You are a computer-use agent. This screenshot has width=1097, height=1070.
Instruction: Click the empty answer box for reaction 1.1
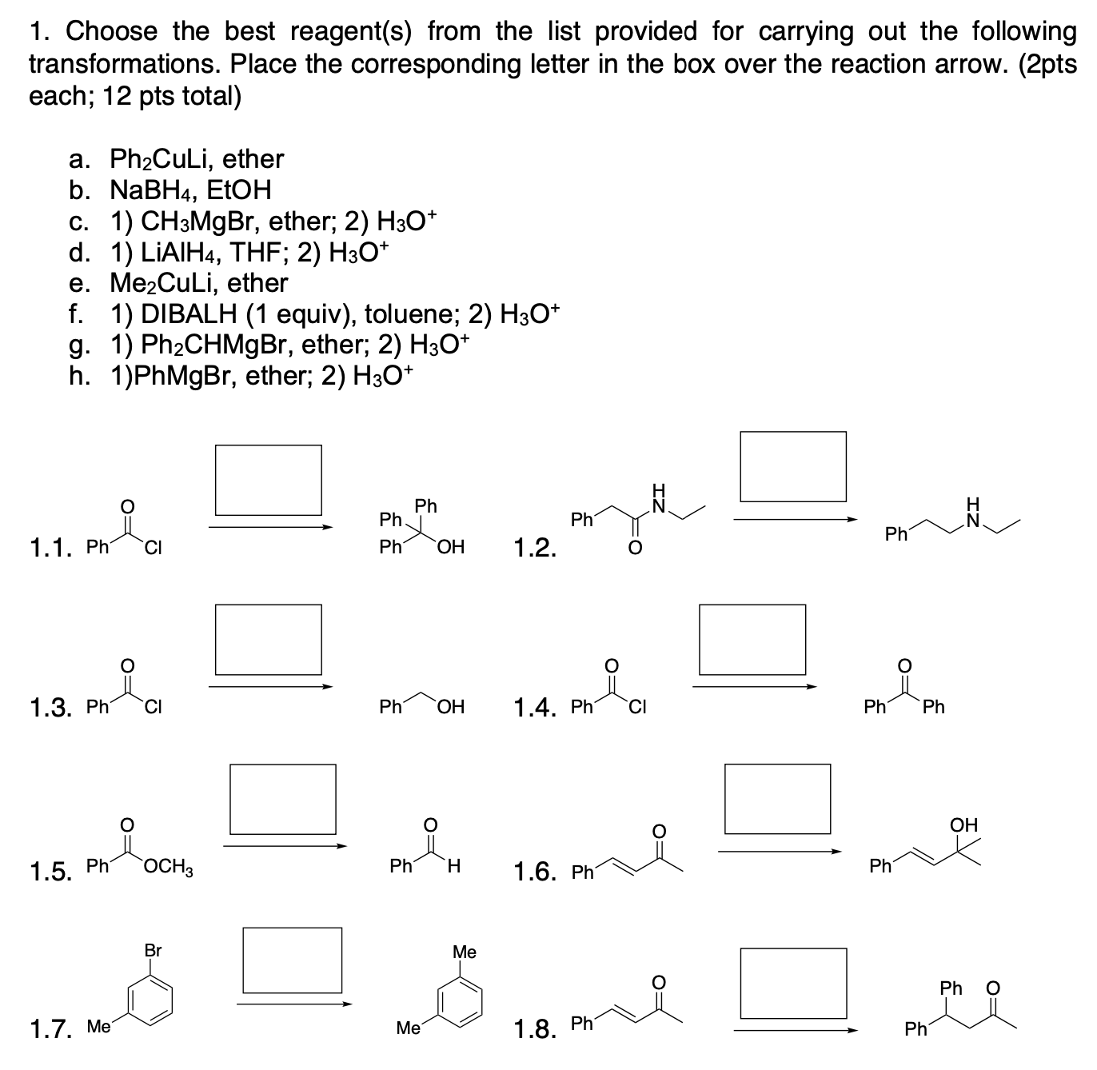(x=268, y=480)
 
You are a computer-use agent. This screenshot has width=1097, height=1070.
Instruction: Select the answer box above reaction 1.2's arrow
(x=792, y=467)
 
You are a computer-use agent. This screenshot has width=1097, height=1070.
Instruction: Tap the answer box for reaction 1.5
(x=282, y=799)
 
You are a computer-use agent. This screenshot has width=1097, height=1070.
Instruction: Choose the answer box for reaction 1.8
(x=792, y=983)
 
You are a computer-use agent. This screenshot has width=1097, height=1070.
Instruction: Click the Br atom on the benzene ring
(x=153, y=951)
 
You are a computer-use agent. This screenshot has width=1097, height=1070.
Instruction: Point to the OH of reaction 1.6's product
(x=963, y=824)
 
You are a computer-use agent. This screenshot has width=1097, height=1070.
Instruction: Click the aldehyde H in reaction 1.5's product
(x=453, y=865)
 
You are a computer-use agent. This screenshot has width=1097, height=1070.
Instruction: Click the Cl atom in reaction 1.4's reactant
(x=636, y=706)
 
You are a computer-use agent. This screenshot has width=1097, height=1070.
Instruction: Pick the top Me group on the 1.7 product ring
(x=465, y=952)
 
